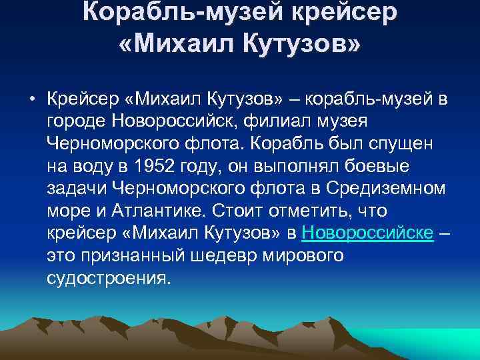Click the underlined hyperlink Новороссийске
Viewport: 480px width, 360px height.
click(x=368, y=233)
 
